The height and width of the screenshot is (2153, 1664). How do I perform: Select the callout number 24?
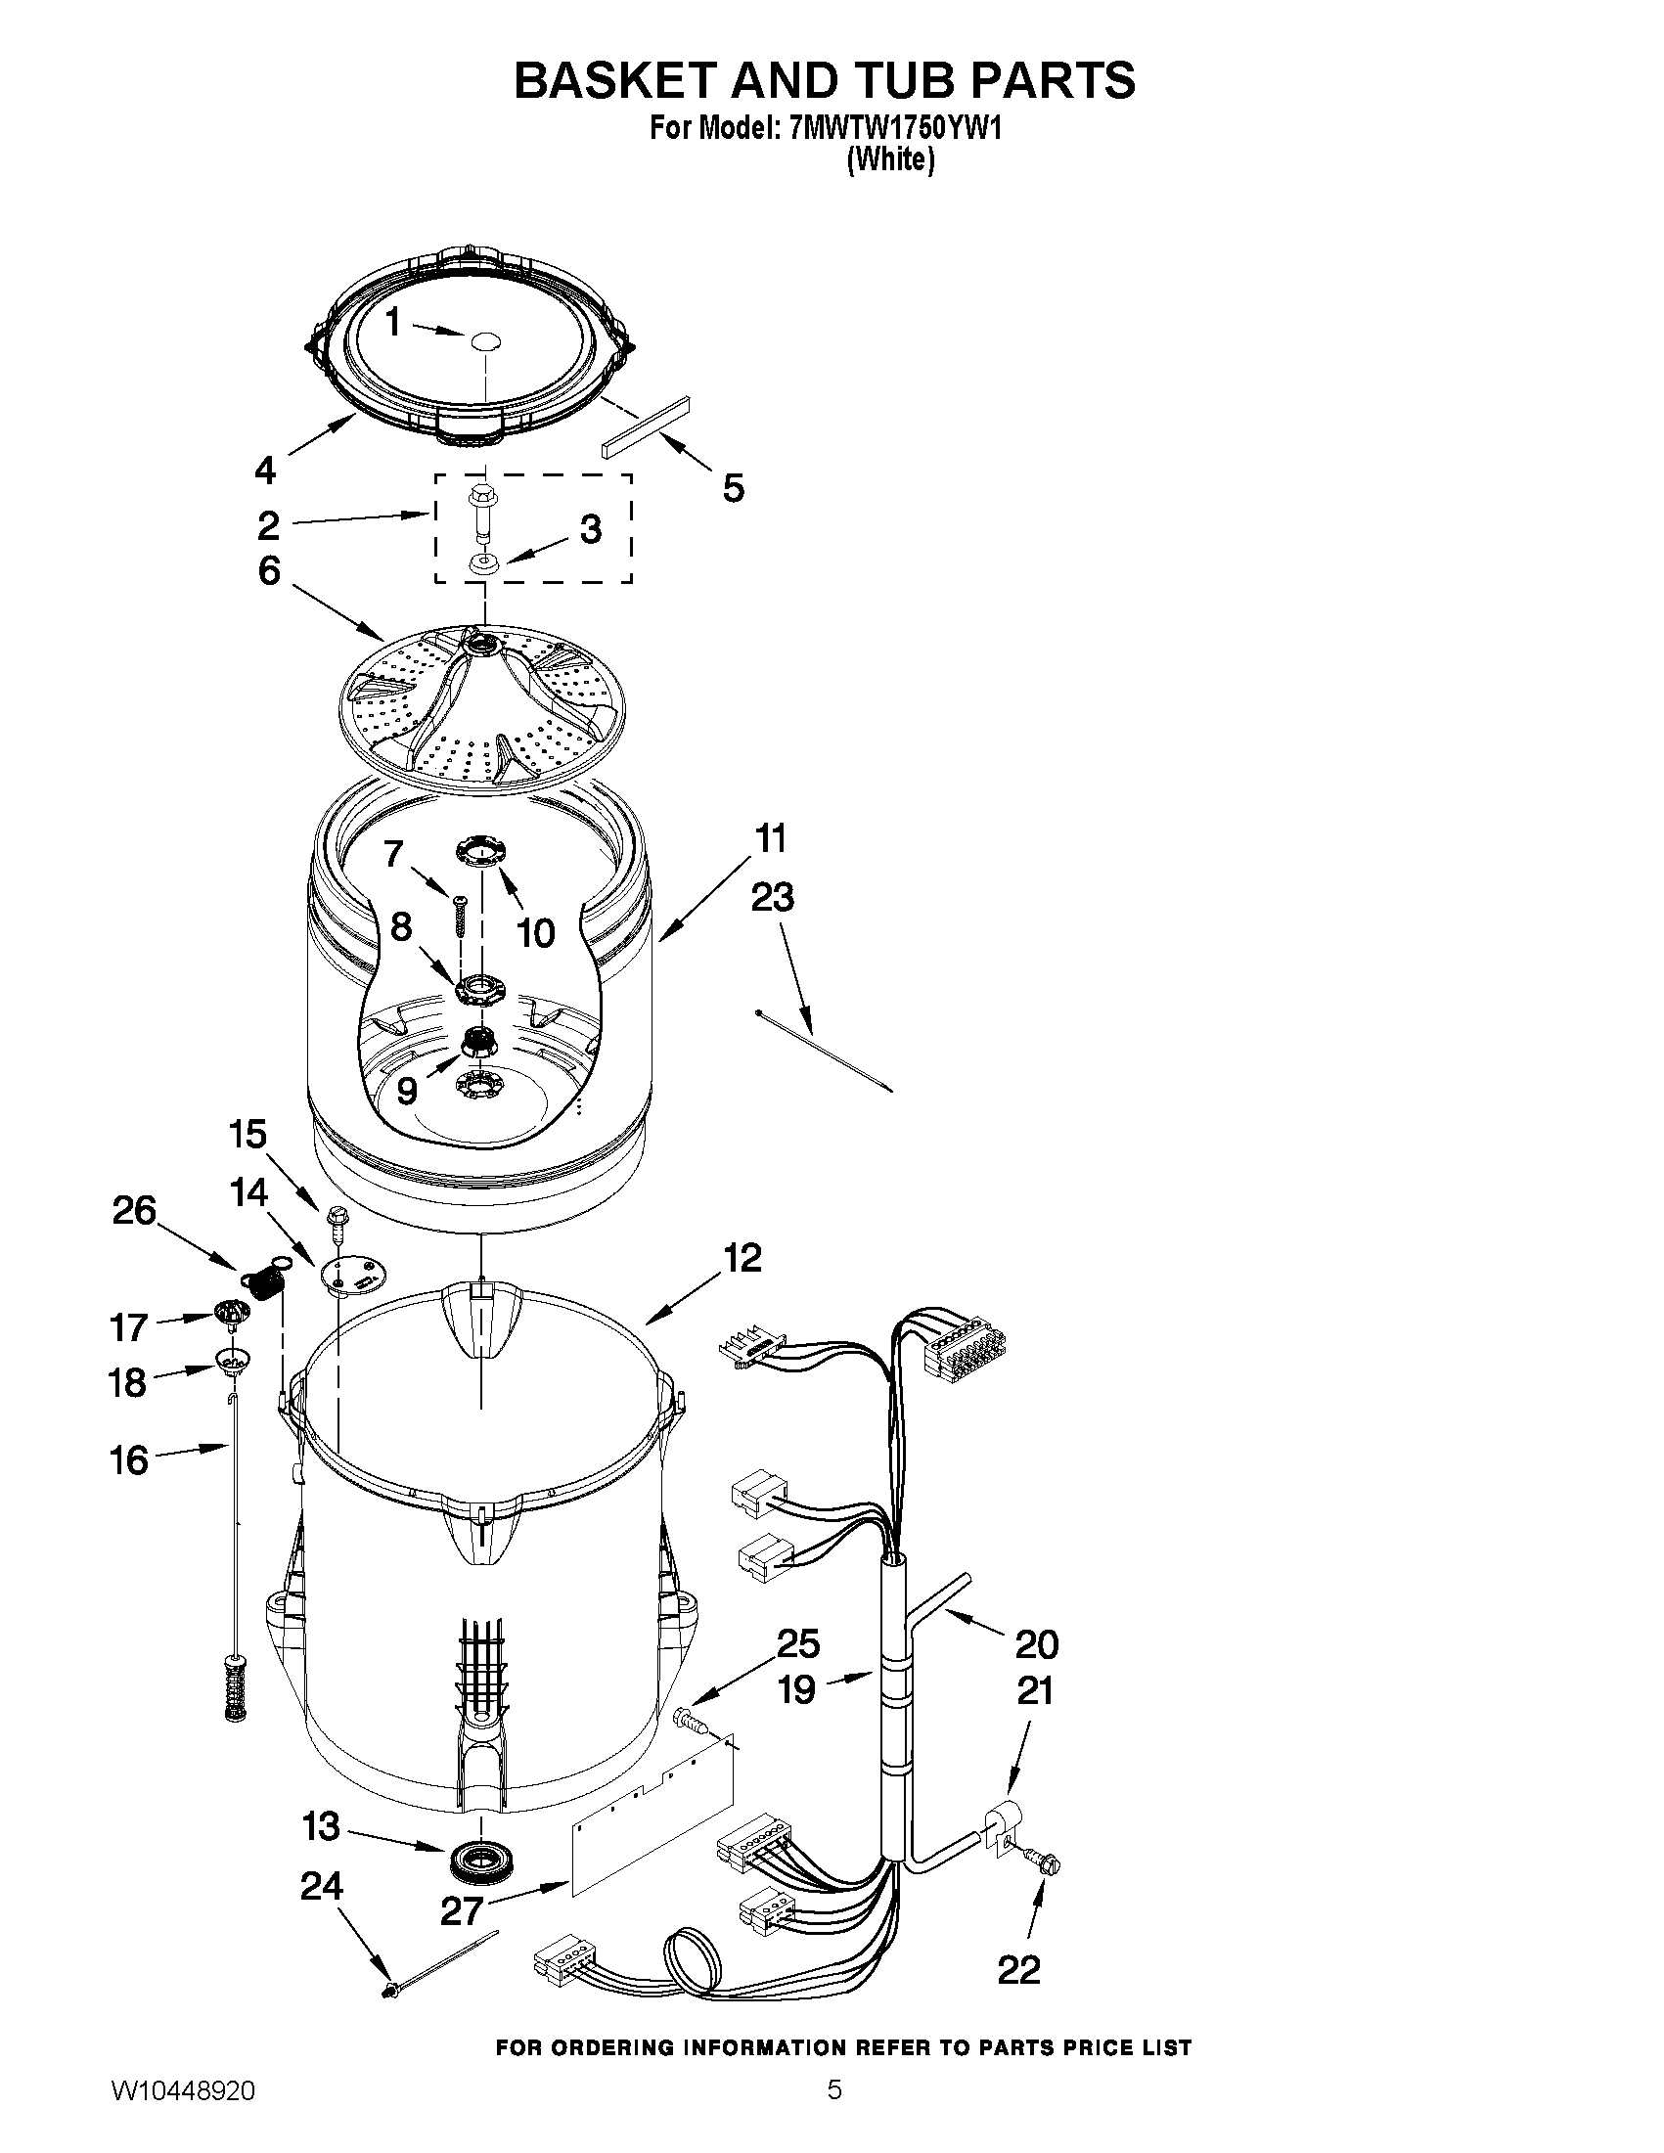point(322,1886)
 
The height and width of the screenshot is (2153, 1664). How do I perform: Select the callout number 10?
point(536,931)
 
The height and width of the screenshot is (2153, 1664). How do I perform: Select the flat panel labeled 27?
point(655,1810)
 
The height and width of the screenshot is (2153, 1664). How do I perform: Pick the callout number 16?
point(129,1460)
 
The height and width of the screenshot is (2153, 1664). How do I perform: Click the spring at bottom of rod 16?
point(235,1687)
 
